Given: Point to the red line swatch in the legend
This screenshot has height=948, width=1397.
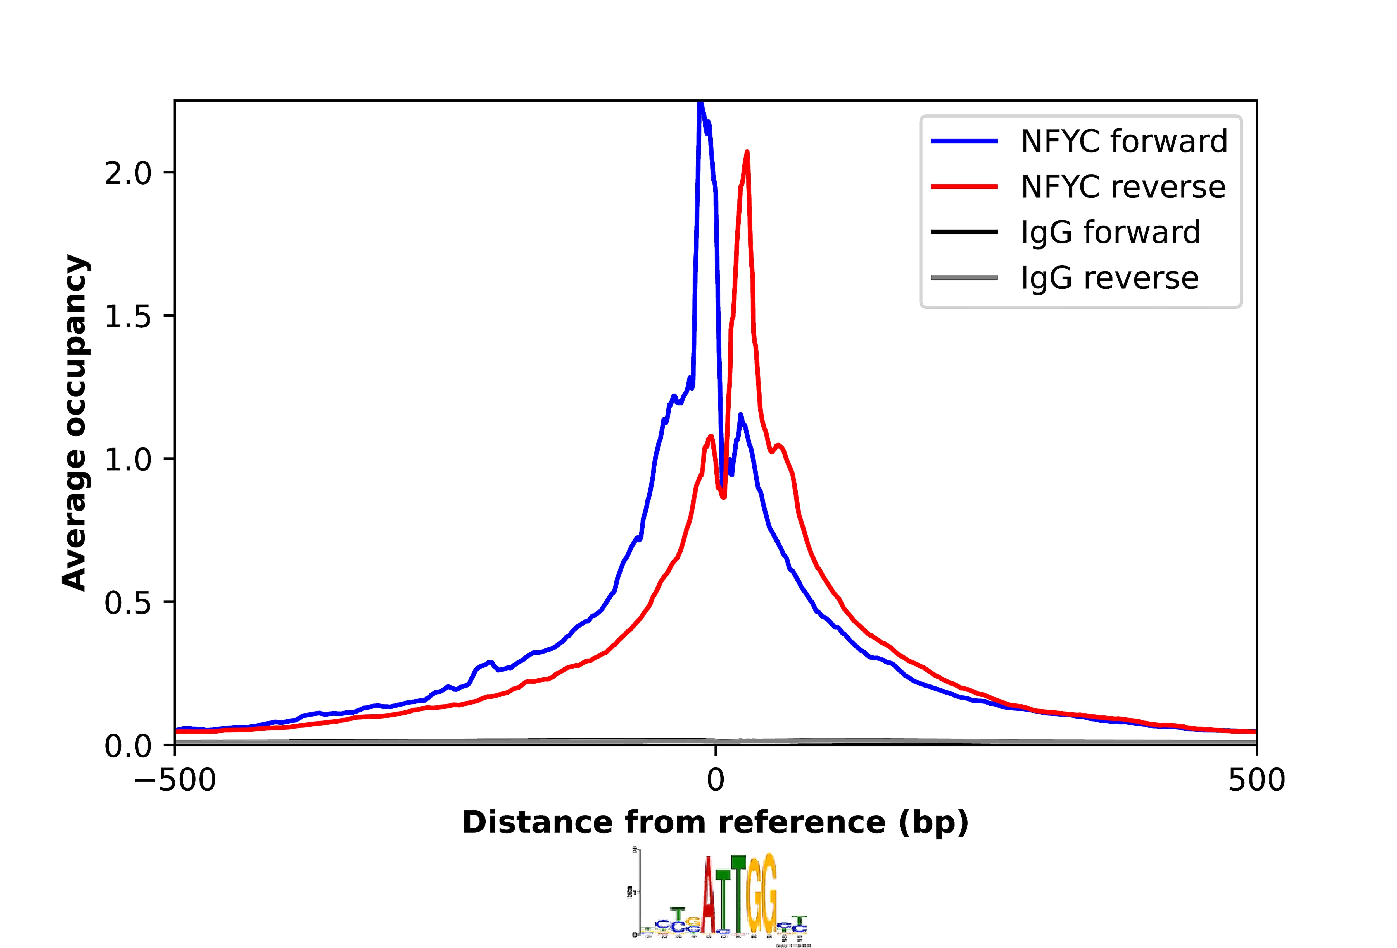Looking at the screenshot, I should pyautogui.click(x=964, y=187).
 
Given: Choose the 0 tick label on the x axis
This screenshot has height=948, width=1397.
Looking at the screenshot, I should pyautogui.click(x=715, y=780).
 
